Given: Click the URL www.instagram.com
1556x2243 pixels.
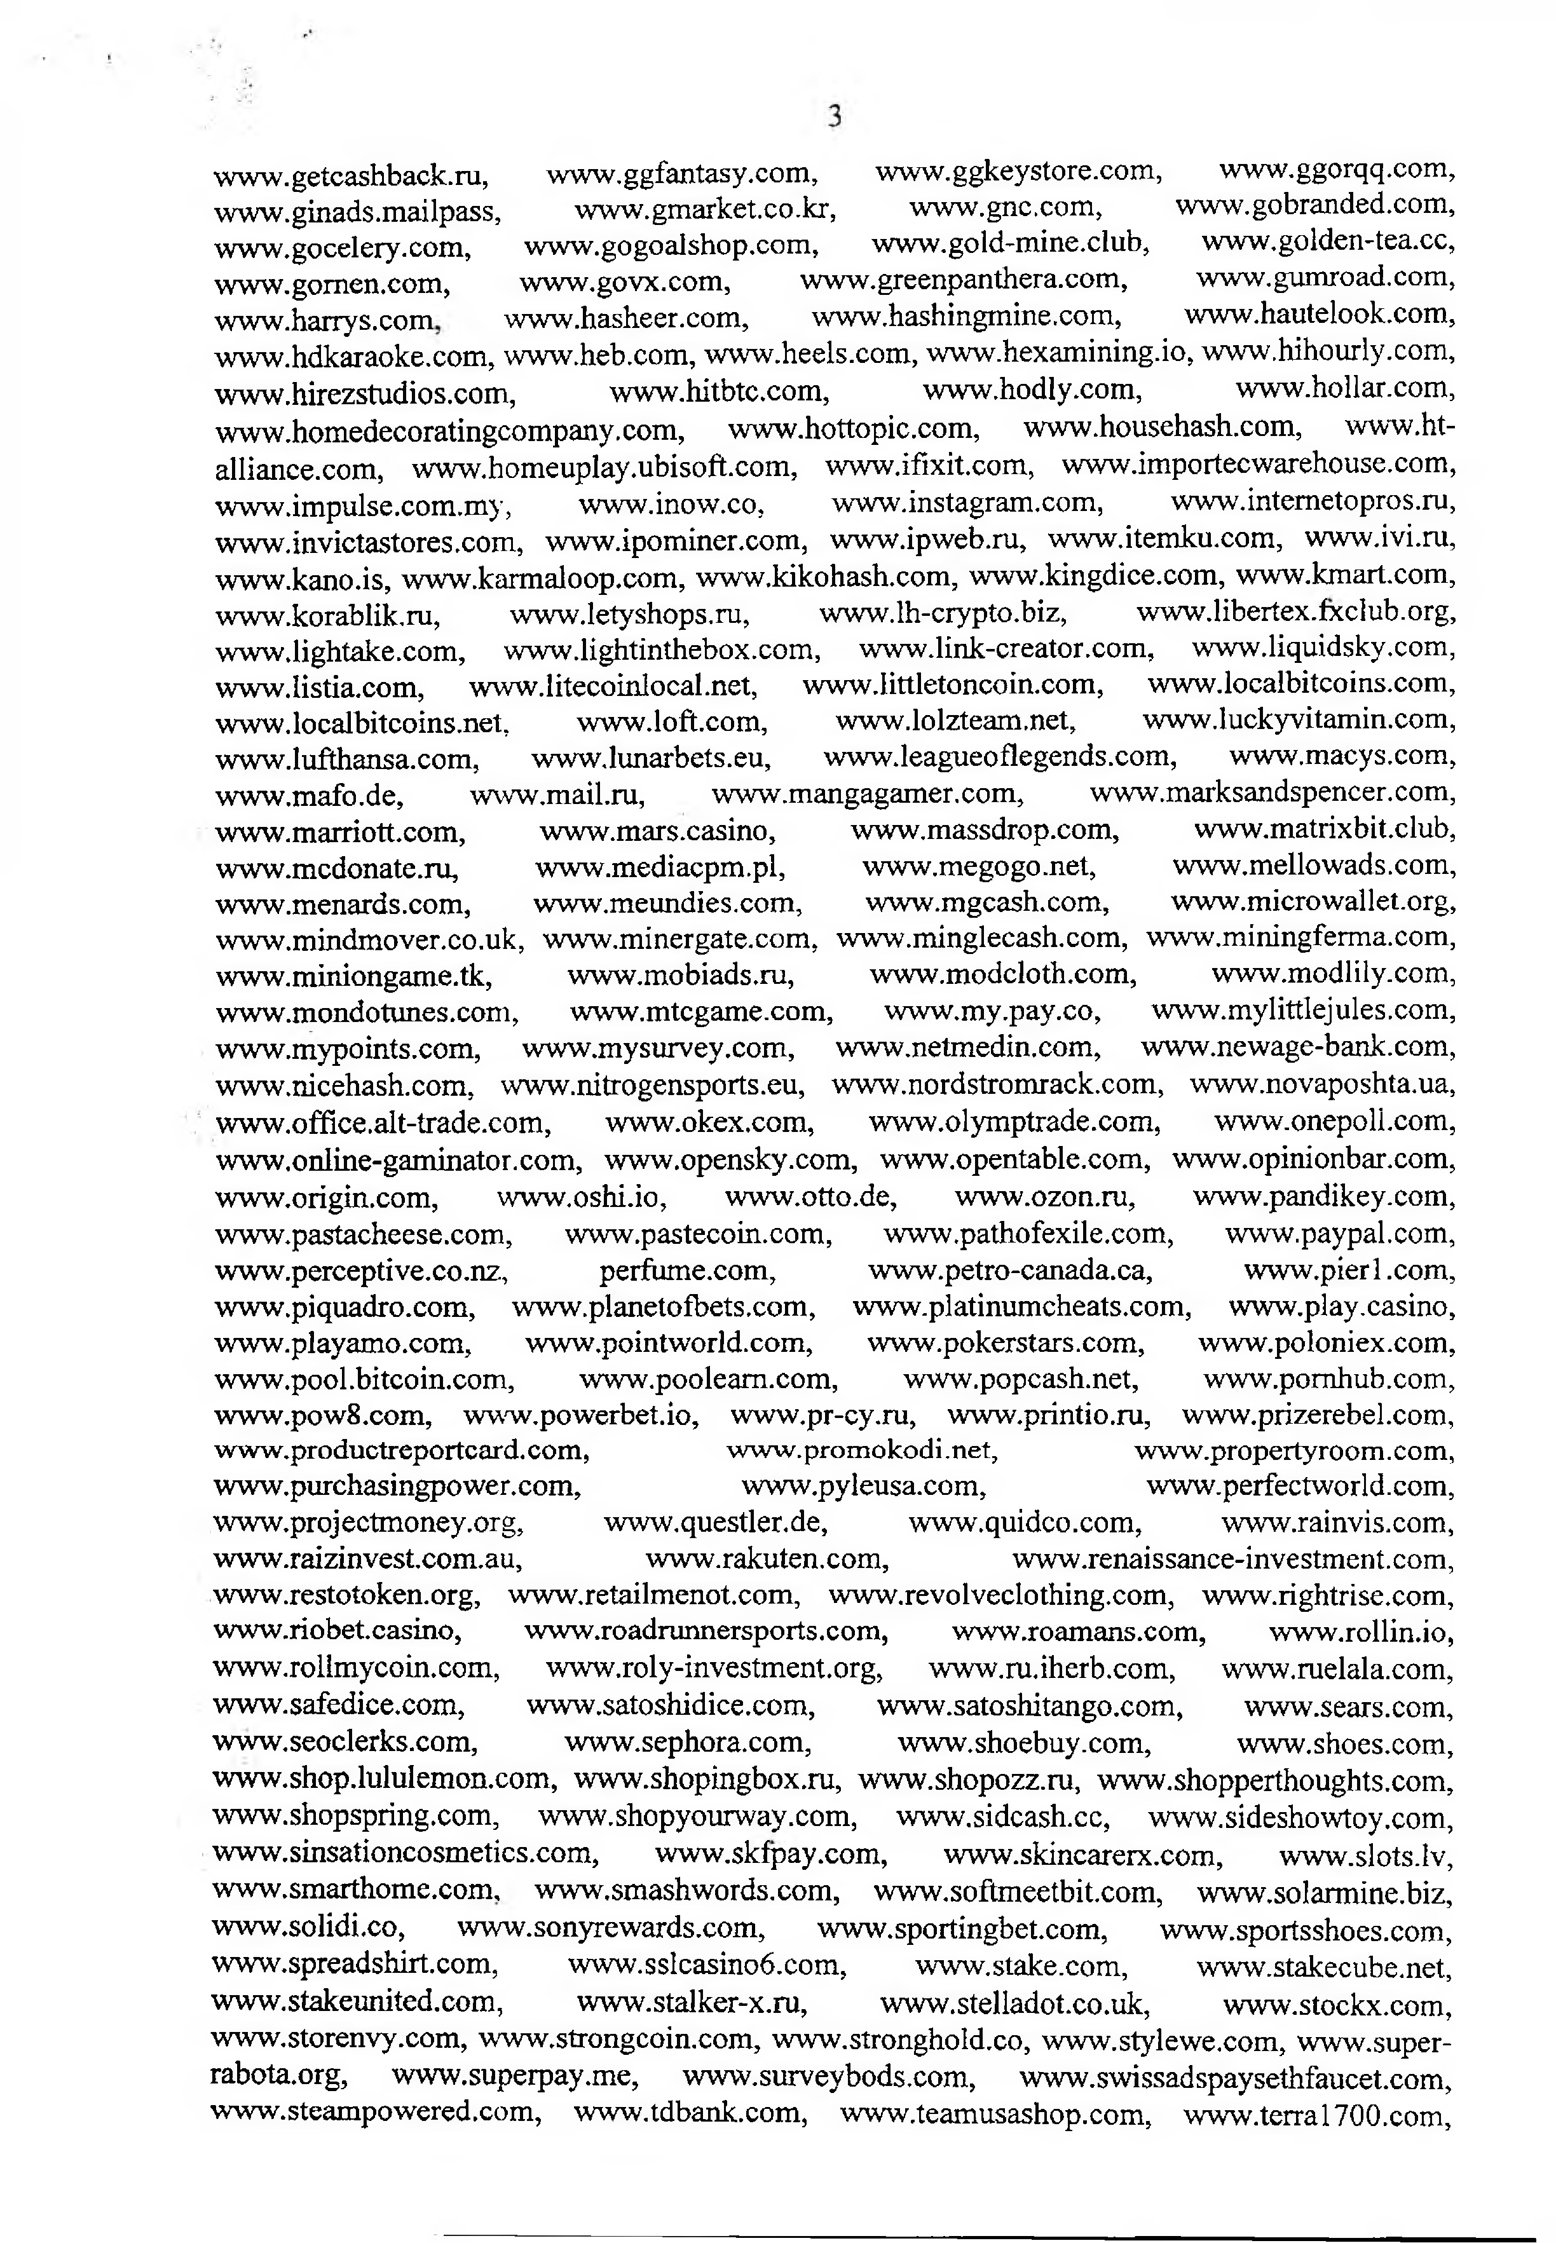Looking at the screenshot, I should (x=967, y=503).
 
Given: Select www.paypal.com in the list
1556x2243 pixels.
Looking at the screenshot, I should (x=1339, y=1234).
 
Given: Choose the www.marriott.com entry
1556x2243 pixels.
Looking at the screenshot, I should (x=340, y=831).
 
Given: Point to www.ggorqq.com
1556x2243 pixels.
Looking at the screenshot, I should (x=1337, y=170).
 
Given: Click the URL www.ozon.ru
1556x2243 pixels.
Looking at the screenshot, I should (x=1044, y=1196).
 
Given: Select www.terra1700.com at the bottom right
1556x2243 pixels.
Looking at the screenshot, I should (x=1317, y=2115).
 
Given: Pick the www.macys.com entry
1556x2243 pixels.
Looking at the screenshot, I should (x=1342, y=756).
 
